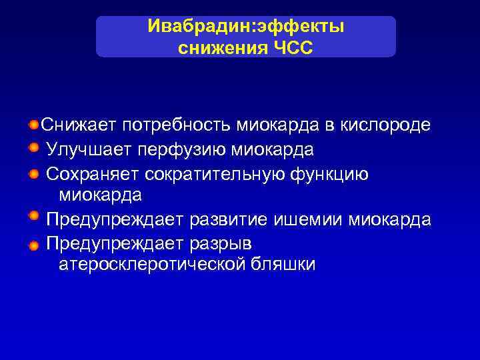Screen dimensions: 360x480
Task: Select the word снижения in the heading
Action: click(x=221, y=48)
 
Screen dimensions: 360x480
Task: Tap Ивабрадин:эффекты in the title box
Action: click(x=246, y=27)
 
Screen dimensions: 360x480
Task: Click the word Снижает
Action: click(x=79, y=125)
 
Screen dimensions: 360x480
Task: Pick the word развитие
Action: click(x=229, y=219)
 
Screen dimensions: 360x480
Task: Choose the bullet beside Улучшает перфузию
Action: click(x=33, y=148)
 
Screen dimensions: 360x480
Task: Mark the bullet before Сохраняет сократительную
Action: click(x=33, y=173)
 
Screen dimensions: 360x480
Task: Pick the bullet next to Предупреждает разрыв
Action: click(x=33, y=245)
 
